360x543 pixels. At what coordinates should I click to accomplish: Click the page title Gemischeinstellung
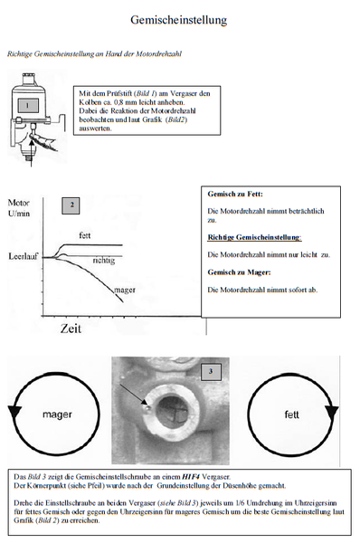179,19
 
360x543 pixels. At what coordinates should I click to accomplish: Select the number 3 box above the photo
210,371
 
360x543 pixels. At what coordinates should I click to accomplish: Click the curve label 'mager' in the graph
125,291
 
